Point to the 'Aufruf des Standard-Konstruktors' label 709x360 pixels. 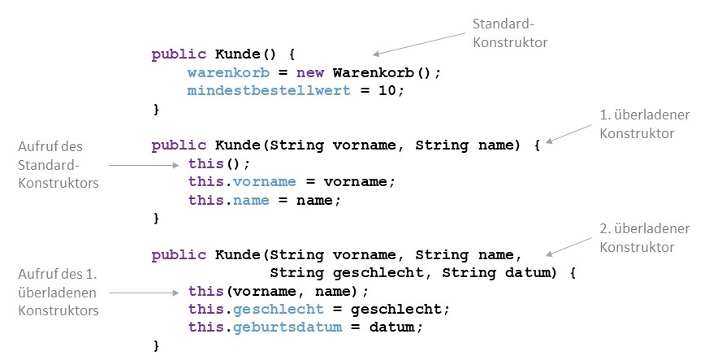(x=58, y=164)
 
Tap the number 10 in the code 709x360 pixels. (x=387, y=90)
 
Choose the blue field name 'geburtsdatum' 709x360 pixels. (x=287, y=327)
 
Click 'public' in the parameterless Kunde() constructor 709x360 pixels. (x=179, y=54)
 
